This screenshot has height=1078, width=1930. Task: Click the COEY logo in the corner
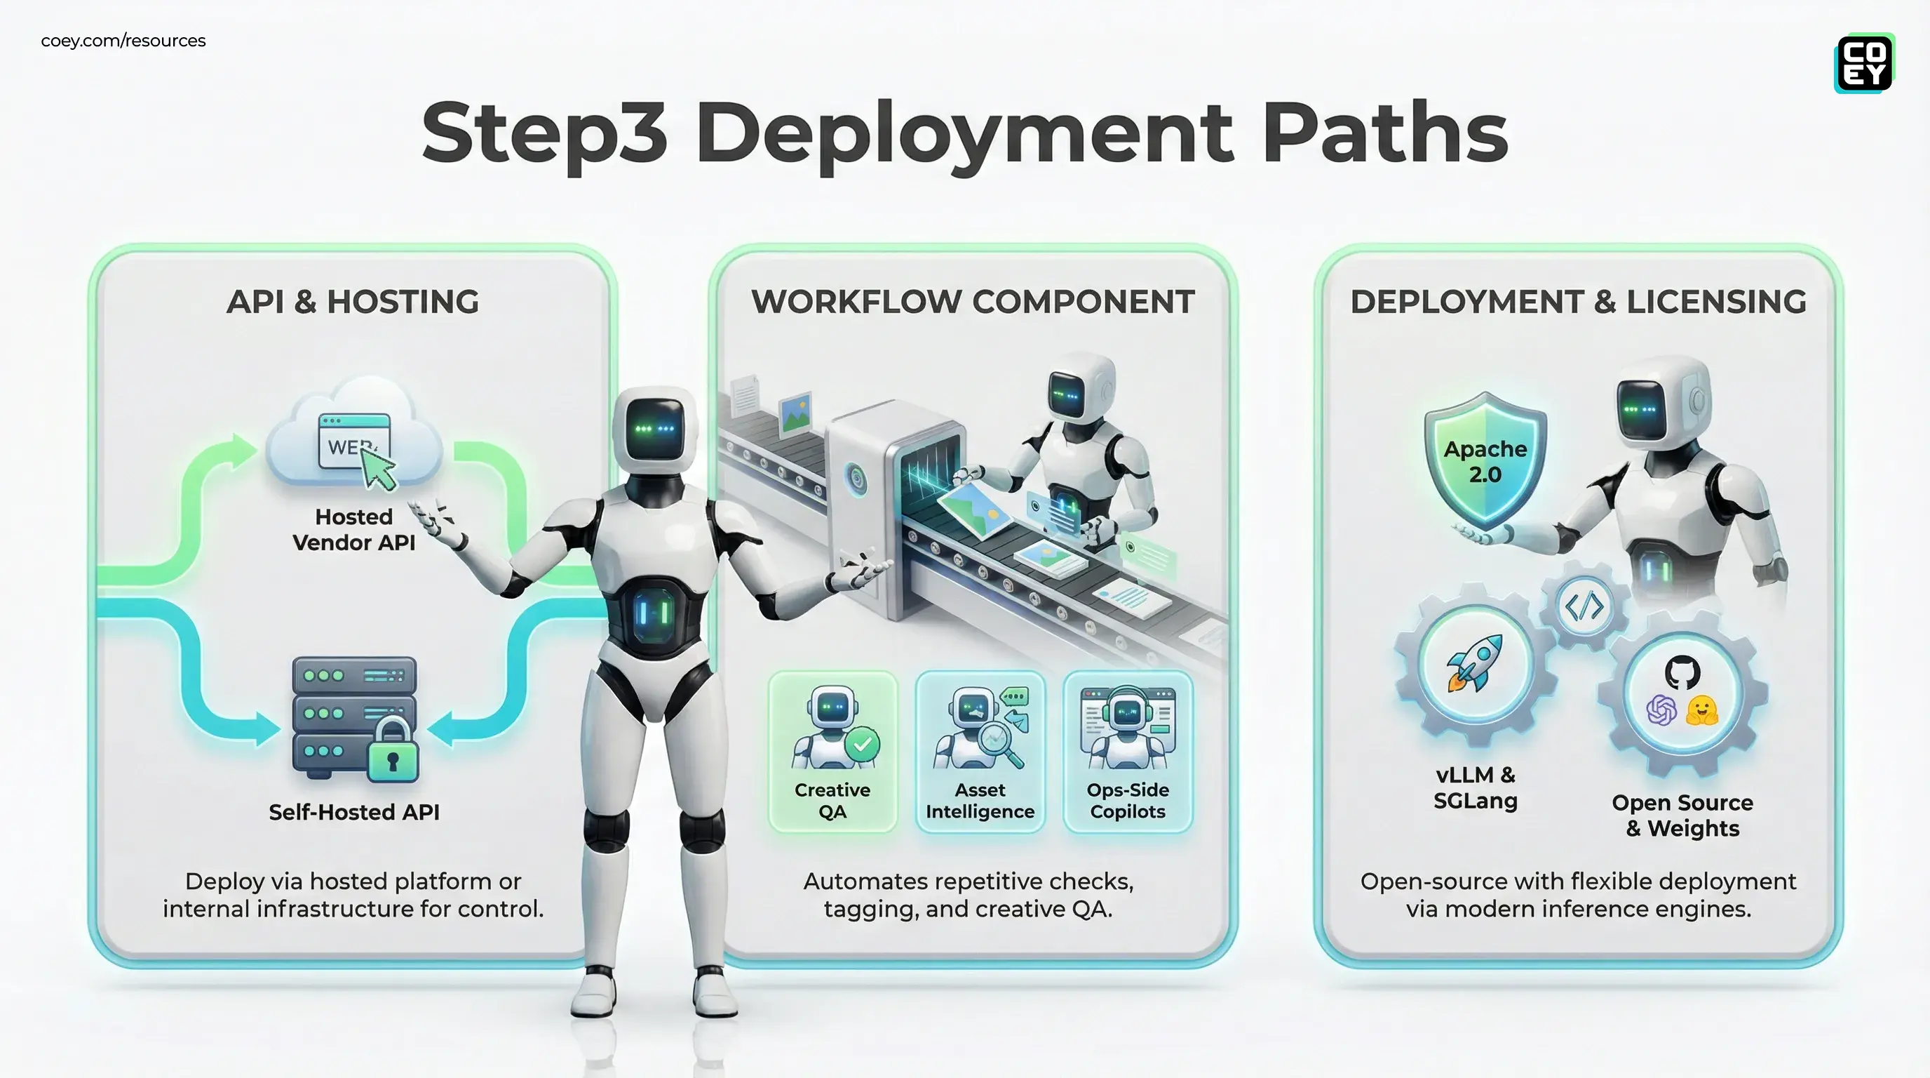point(1864,63)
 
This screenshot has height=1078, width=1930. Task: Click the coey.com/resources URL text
point(123,41)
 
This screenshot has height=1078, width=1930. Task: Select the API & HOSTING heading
point(352,302)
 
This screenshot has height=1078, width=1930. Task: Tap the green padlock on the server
point(393,752)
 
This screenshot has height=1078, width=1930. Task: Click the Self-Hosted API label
point(353,812)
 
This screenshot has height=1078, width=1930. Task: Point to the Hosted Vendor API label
point(353,529)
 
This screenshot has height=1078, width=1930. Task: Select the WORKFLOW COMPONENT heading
point(973,302)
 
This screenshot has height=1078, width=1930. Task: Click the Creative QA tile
point(832,752)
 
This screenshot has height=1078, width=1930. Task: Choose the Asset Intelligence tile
point(979,752)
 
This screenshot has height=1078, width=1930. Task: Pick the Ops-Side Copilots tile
point(1127,752)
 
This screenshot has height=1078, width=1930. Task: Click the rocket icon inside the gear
point(1474,663)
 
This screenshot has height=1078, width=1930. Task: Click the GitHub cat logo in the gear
point(1682,672)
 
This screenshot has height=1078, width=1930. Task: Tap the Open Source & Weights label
point(1682,815)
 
